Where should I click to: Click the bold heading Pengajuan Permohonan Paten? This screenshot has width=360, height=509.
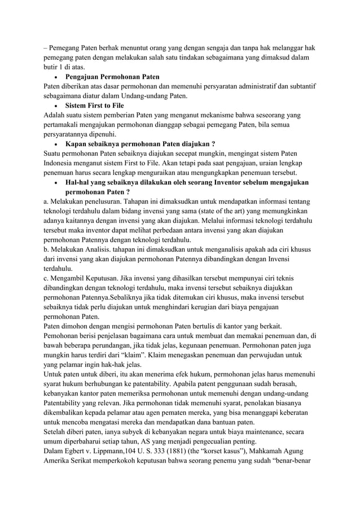coord(112,76)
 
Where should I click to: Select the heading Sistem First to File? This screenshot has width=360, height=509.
coord(94,106)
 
